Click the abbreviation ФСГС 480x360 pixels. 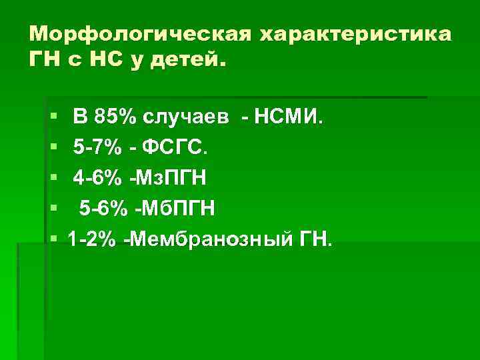point(174,148)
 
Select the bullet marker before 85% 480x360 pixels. point(53,119)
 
